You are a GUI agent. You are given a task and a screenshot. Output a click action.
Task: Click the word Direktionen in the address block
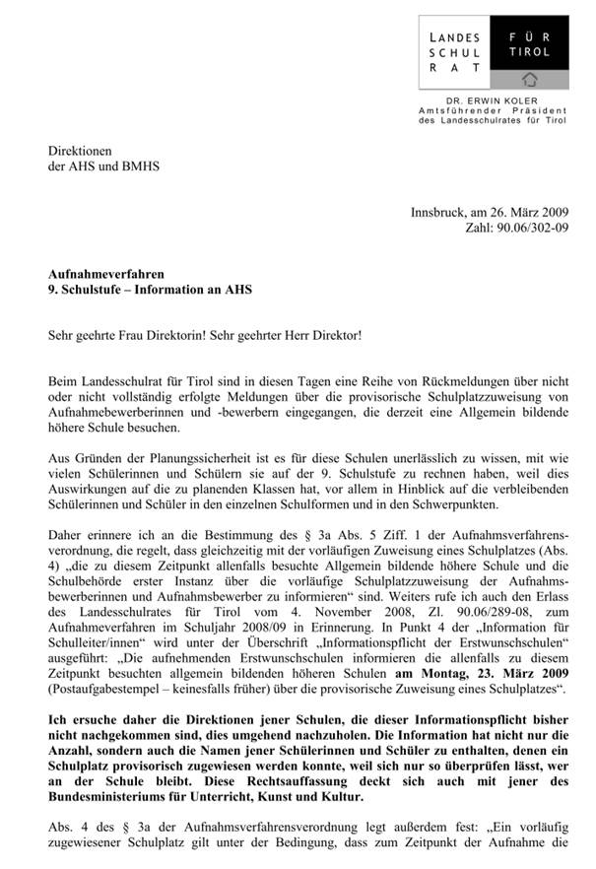pyautogui.click(x=82, y=151)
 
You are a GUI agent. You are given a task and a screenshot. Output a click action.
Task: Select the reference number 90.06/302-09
pyautogui.click(x=542, y=228)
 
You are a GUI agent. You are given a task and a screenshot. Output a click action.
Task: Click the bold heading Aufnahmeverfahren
pyautogui.click(x=107, y=273)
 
